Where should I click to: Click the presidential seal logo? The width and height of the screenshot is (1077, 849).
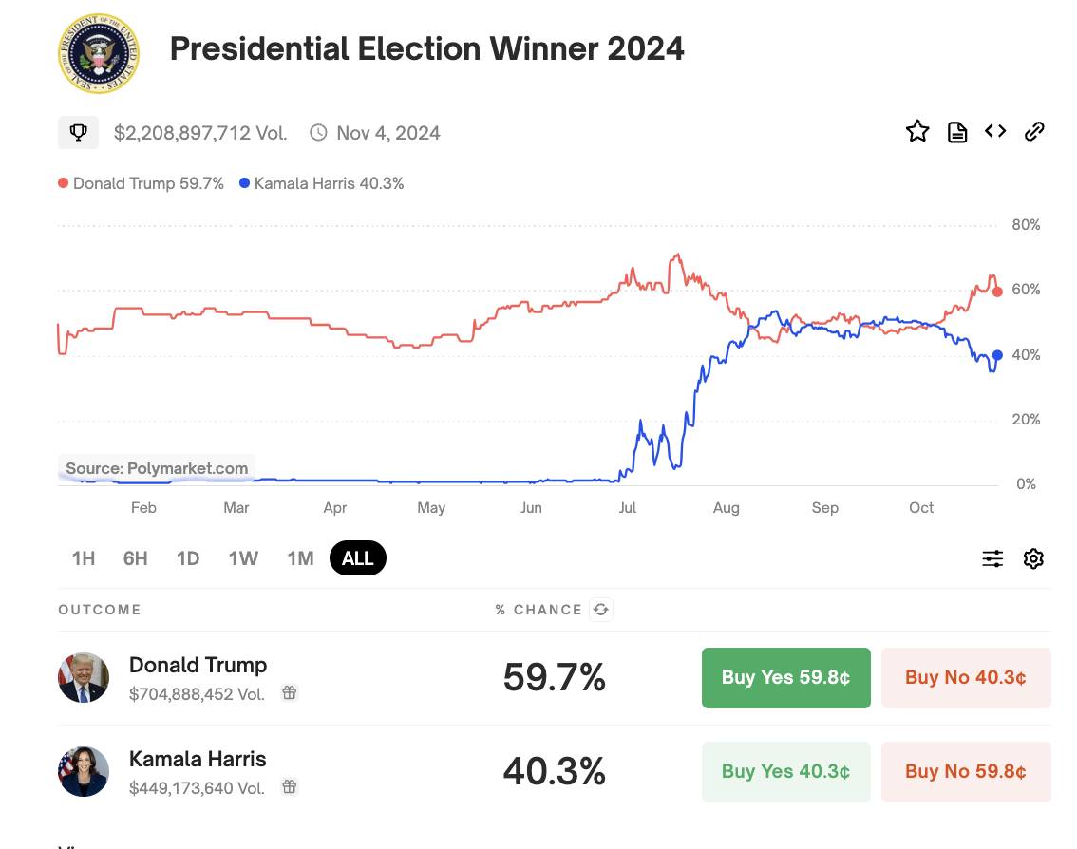[x=99, y=53]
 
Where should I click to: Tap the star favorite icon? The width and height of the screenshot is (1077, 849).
[x=916, y=131]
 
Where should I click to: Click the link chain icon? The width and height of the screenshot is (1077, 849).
[x=1033, y=131]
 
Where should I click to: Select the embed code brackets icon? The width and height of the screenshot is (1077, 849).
[x=995, y=130]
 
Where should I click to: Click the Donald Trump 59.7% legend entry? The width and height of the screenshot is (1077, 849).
[x=142, y=183]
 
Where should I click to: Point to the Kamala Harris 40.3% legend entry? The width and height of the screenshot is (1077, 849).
[x=321, y=183]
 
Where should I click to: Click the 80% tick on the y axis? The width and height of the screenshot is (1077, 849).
[x=1026, y=225]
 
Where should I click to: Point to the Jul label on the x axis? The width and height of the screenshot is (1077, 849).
[x=627, y=508]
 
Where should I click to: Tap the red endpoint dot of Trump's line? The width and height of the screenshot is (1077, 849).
[x=997, y=292]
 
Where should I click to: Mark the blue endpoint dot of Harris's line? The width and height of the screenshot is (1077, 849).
[x=997, y=355]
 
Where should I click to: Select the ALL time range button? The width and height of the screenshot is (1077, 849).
[x=358, y=557]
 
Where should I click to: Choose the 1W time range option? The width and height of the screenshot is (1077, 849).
[x=243, y=558]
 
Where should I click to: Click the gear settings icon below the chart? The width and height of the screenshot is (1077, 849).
[x=1033, y=558]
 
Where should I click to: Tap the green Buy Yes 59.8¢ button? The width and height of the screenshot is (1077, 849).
[x=785, y=677]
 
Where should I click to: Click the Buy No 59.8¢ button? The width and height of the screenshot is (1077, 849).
[x=966, y=771]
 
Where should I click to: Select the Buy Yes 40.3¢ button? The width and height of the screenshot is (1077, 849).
[x=785, y=771]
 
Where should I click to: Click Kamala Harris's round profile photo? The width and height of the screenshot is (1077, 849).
[x=84, y=771]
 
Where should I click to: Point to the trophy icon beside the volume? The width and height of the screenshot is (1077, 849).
[x=78, y=132]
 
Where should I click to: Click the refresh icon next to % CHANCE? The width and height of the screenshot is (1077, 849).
[x=601, y=610]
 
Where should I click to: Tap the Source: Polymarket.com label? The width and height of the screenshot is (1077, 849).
[x=157, y=468]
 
